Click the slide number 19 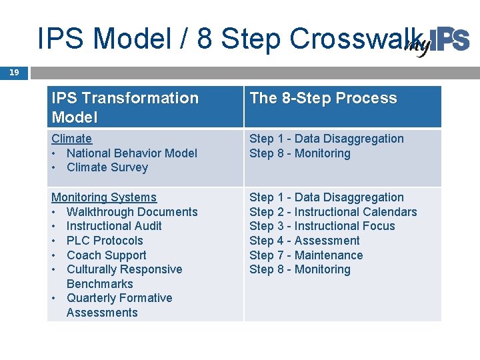coord(14,73)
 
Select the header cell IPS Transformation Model coord(125,107)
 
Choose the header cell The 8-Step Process coord(323,98)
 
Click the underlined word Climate coord(71,139)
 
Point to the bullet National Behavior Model coord(131,153)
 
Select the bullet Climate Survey coord(107,167)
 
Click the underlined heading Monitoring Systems coord(103,197)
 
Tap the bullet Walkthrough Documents coord(131,212)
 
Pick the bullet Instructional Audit coord(113,226)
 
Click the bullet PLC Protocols coord(105,241)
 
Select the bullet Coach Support coord(106,255)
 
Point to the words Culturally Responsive coord(124,269)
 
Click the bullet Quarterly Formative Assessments coord(119,305)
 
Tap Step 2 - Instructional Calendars coord(333,212)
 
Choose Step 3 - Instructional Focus coord(322,226)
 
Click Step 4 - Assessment coord(304,241)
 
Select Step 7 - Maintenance coord(306,255)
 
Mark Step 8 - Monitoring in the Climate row coord(299,153)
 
